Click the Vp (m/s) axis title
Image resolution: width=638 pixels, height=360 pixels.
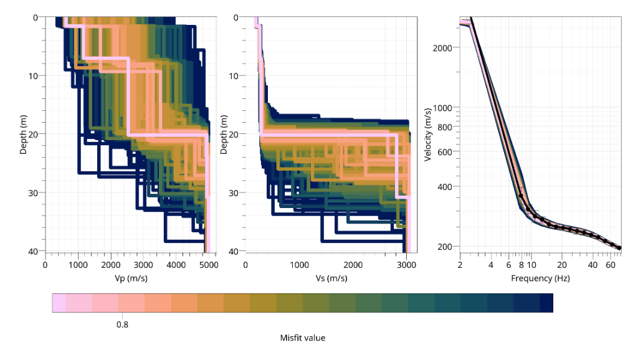coord(126,278)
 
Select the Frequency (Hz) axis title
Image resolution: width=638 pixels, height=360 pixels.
coord(540,278)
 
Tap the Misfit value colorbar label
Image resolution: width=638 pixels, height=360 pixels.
coord(303,338)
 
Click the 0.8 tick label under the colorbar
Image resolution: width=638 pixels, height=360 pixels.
coord(123,324)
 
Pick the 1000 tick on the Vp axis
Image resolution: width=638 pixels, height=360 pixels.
coord(78,265)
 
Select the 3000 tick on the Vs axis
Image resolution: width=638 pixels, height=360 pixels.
coord(407,265)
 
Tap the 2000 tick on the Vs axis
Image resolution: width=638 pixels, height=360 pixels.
coord(353,265)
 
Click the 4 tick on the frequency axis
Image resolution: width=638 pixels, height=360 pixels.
coord(491,265)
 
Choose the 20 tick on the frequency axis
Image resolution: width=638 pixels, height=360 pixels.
coord(562,265)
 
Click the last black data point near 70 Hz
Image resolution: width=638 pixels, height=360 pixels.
coord(619,248)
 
